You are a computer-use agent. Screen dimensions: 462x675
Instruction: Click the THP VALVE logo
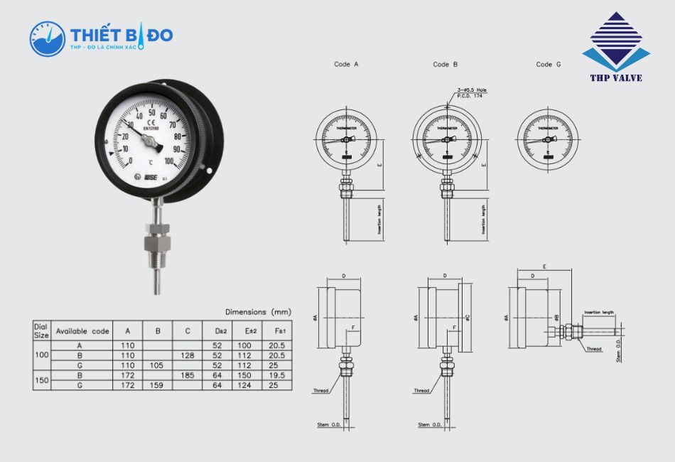pos(616,47)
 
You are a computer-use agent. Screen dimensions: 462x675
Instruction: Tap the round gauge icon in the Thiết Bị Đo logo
pos(47,39)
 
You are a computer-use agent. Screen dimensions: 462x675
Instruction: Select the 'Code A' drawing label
pos(346,64)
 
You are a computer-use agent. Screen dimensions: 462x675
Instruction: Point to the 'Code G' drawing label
pos(549,64)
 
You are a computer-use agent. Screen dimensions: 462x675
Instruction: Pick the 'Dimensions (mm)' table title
pos(258,311)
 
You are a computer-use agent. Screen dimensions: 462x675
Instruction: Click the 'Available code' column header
pos(82,331)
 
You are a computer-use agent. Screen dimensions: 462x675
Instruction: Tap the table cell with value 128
pos(188,355)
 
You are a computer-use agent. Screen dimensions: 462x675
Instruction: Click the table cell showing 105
pos(157,365)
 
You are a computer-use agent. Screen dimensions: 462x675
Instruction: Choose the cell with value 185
pos(188,375)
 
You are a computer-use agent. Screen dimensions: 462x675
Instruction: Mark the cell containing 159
pos(157,385)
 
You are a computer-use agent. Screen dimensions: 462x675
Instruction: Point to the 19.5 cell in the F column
pos(277,375)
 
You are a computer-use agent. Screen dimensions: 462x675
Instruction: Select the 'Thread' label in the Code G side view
pos(594,349)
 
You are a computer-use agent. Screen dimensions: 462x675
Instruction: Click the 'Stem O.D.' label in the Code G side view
pos(618,350)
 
